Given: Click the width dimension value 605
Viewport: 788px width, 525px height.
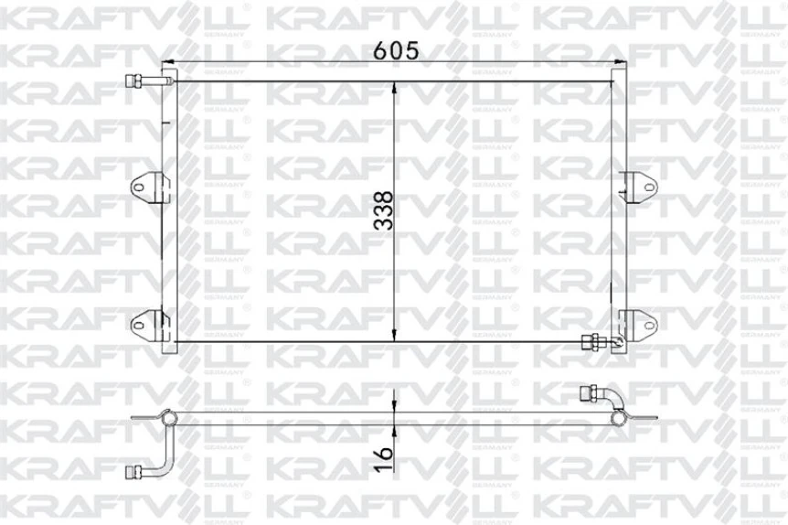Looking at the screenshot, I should [x=395, y=51].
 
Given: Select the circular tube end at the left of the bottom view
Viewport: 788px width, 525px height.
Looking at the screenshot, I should [x=168, y=419].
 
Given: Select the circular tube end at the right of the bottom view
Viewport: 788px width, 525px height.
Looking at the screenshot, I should [x=619, y=418].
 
